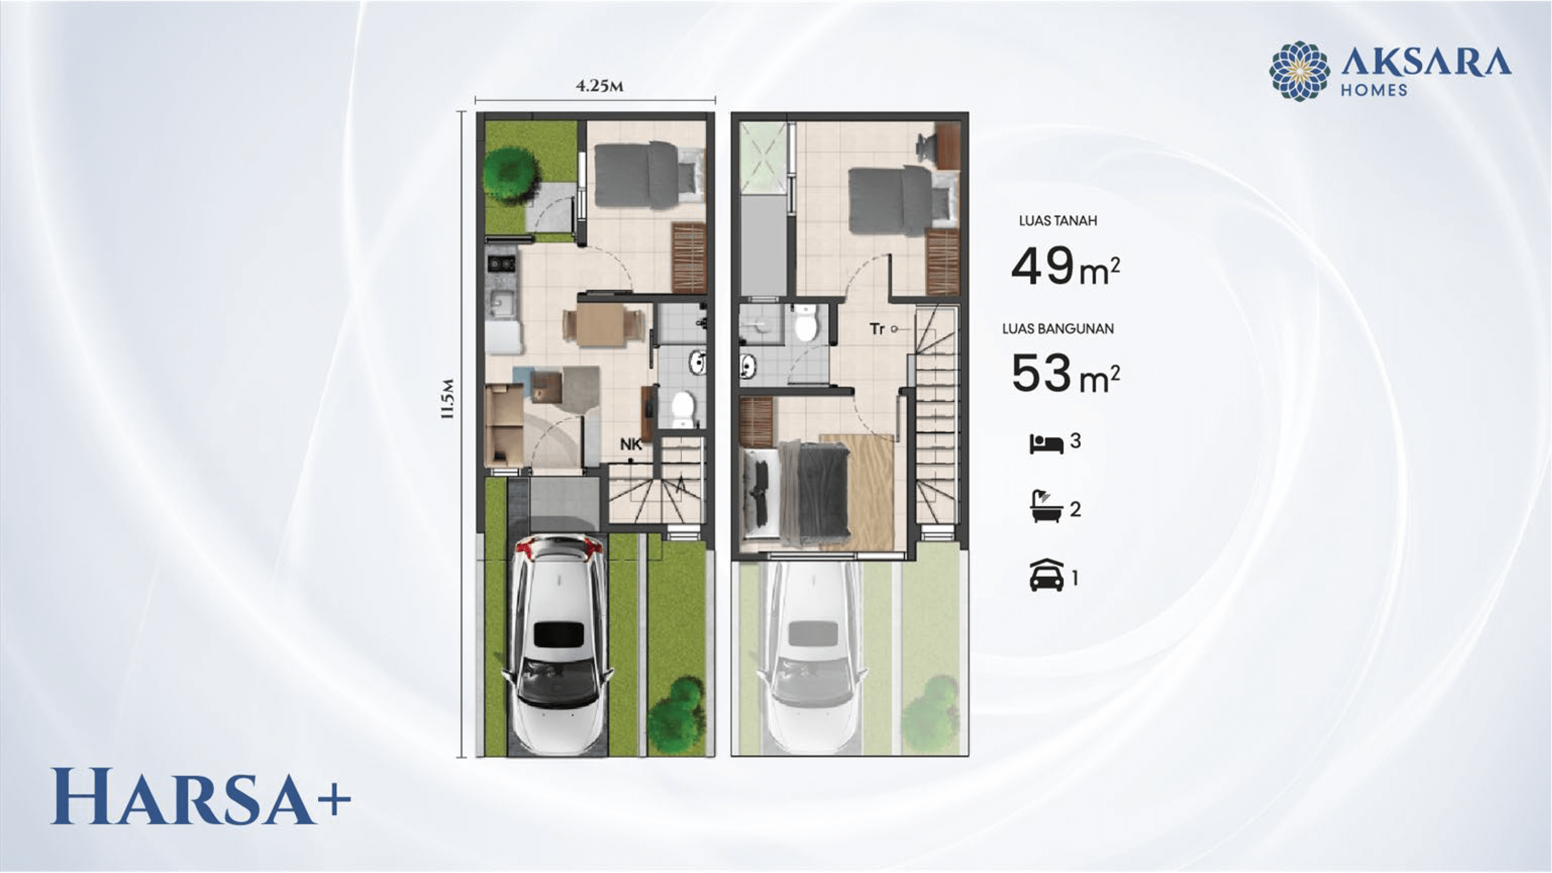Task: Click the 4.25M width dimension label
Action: [x=599, y=86]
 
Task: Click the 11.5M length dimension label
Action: [x=447, y=399]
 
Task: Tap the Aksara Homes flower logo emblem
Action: [x=1299, y=71]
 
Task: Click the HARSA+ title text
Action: [x=200, y=796]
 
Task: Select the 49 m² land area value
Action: [x=1065, y=266]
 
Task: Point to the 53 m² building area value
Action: [x=1065, y=373]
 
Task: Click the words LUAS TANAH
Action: [x=1057, y=221]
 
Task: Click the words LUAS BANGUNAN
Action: [x=1057, y=329]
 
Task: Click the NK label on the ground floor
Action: [x=631, y=445]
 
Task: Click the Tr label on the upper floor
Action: [x=876, y=329]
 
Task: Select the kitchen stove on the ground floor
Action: [x=501, y=263]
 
